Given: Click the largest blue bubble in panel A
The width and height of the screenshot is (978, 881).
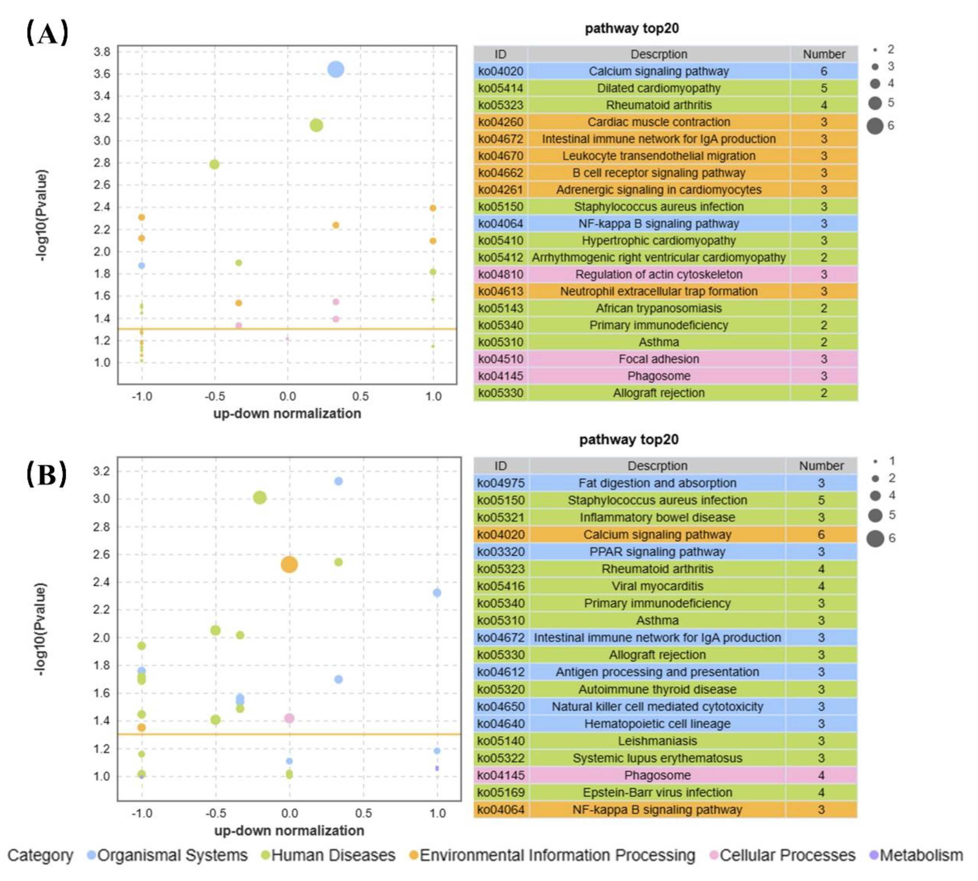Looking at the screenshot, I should pos(335,70).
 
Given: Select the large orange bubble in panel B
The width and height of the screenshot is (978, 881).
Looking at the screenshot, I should pos(289,564).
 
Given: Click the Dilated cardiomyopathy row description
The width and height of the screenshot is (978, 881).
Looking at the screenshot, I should pos(658,88).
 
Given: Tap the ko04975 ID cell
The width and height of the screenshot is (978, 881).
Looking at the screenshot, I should pos(501,483).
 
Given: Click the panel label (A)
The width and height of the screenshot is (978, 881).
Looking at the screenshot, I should pos(47,33).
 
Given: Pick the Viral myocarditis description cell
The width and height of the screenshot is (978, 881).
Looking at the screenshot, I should pos(657,586).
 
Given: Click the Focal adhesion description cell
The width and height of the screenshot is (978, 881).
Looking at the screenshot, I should pos(658,359).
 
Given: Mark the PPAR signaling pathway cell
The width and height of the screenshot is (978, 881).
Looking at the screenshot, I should pos(657,552).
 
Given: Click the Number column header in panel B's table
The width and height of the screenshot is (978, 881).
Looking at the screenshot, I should pos(821,466).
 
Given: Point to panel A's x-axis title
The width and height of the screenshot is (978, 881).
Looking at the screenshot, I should pos(287,413).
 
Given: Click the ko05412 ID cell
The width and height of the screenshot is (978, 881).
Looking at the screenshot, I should pos(501,257).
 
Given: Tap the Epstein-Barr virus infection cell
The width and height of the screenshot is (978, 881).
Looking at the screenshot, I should pos(657,792).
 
